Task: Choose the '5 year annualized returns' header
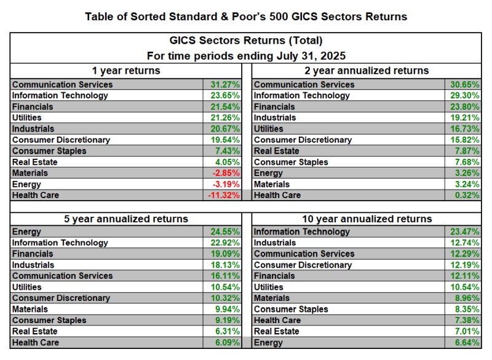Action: click(x=126, y=218)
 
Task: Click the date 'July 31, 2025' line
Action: click(x=246, y=55)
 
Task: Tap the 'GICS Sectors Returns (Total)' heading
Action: click(x=246, y=41)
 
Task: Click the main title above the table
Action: click(x=246, y=17)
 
